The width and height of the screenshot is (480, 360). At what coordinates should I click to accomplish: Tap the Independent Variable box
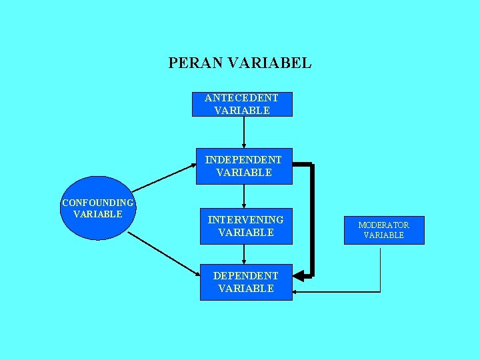[x=243, y=166]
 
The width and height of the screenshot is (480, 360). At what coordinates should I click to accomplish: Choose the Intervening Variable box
[x=245, y=226]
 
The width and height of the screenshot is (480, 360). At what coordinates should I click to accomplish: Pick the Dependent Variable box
[x=246, y=282]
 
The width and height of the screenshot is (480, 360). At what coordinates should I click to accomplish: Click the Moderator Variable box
[x=384, y=230]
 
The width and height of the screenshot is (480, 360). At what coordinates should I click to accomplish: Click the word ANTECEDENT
[x=242, y=98]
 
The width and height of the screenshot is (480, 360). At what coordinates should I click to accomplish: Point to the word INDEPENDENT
[x=243, y=160]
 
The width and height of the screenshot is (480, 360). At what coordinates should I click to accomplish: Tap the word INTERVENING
[x=245, y=219]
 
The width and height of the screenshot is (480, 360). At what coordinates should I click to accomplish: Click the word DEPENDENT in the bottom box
[x=246, y=275]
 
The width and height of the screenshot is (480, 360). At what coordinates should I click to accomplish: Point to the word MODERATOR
[x=384, y=225]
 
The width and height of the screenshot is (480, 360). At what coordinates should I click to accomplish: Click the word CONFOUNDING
[x=98, y=203]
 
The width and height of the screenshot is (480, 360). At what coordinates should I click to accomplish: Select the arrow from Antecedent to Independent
[x=244, y=132]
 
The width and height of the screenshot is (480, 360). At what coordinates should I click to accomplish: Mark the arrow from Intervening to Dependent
[x=244, y=254]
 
